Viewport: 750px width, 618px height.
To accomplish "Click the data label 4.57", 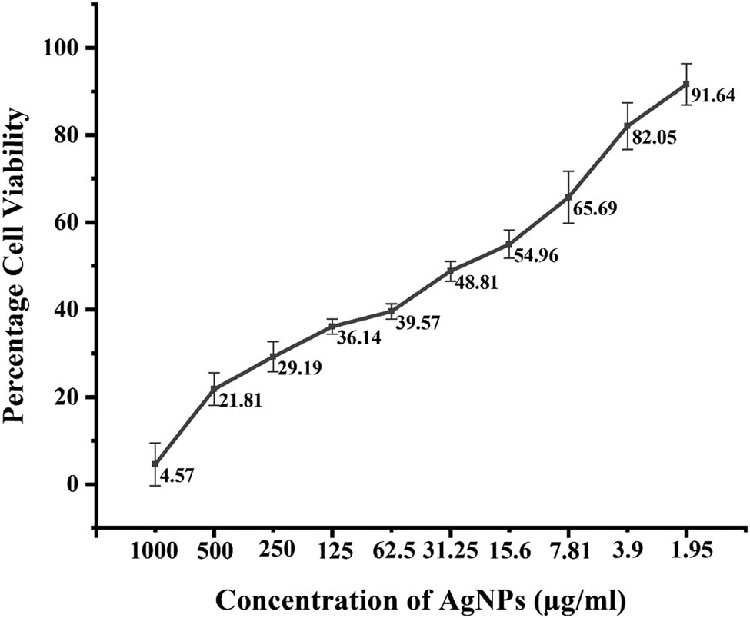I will (177, 475).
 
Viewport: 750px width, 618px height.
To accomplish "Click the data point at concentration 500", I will (214, 389).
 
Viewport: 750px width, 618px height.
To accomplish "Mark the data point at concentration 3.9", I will (627, 126).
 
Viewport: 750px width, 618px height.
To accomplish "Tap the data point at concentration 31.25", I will (450, 271).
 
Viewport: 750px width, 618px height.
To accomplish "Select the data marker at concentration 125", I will (332, 327).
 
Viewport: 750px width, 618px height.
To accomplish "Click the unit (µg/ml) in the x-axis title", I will (577, 598).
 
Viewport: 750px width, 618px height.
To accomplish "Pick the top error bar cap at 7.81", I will (568, 171).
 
